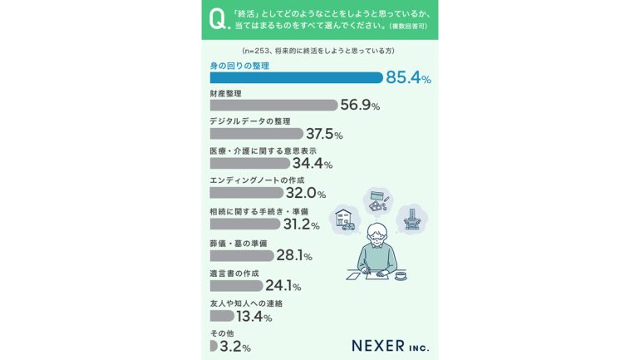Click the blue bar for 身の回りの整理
[x=296, y=78]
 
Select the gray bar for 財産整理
[x=273, y=106]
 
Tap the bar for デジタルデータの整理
[x=256, y=133]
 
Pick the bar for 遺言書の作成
[x=236, y=285]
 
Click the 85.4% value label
[x=408, y=79]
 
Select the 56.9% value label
[x=360, y=106]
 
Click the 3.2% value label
[x=234, y=346]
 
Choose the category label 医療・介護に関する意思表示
[x=262, y=150]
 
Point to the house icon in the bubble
[x=343, y=220]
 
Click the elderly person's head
[x=378, y=235]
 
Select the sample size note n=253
[x=319, y=52]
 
